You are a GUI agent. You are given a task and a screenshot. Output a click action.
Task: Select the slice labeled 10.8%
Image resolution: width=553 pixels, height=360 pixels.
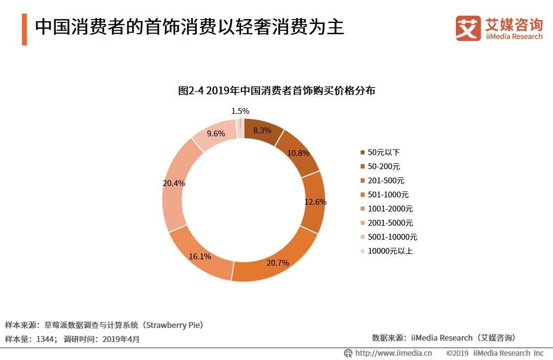pos(298,153)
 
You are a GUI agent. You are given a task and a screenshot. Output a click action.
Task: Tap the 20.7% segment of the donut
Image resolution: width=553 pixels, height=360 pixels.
pos(277,263)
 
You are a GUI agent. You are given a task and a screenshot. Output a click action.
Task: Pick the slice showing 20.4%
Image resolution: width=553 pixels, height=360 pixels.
pos(174,184)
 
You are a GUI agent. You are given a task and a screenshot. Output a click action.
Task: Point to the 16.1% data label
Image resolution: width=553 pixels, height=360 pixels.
pos(200,256)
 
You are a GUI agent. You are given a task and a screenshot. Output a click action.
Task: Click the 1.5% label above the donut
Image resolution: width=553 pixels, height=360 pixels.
pos(240,111)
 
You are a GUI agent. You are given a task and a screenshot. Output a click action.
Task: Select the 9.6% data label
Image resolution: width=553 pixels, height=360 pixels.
pos(216,133)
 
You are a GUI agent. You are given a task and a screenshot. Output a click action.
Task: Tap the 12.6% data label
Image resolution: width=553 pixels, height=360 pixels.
pos(315,202)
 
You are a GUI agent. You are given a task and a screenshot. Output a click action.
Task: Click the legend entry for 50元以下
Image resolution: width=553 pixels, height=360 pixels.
pos(384,152)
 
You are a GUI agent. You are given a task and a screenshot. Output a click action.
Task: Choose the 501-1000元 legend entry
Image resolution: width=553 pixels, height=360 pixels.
pos(388,195)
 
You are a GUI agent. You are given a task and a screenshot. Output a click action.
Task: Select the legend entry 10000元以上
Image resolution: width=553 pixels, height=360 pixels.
pos(390,251)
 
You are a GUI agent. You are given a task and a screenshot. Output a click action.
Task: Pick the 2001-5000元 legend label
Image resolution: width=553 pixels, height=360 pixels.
pos(390,223)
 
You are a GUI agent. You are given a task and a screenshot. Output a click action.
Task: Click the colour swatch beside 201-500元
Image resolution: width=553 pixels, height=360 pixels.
pos(362,181)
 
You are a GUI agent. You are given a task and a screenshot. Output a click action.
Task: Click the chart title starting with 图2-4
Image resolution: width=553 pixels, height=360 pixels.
pos(276,90)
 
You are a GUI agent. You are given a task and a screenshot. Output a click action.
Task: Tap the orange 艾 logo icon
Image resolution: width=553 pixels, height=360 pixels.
pos(468,28)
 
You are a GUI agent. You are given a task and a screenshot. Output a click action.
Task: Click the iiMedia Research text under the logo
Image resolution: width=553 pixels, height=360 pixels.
pos(513,37)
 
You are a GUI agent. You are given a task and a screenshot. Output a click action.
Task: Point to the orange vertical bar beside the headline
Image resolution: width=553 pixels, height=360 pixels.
pos(24,29)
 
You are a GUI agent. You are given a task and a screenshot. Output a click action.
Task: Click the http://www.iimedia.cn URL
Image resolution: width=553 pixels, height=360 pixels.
pos(393,353)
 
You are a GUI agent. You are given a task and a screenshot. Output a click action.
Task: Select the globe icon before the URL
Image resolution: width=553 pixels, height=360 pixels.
pos(348,353)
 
